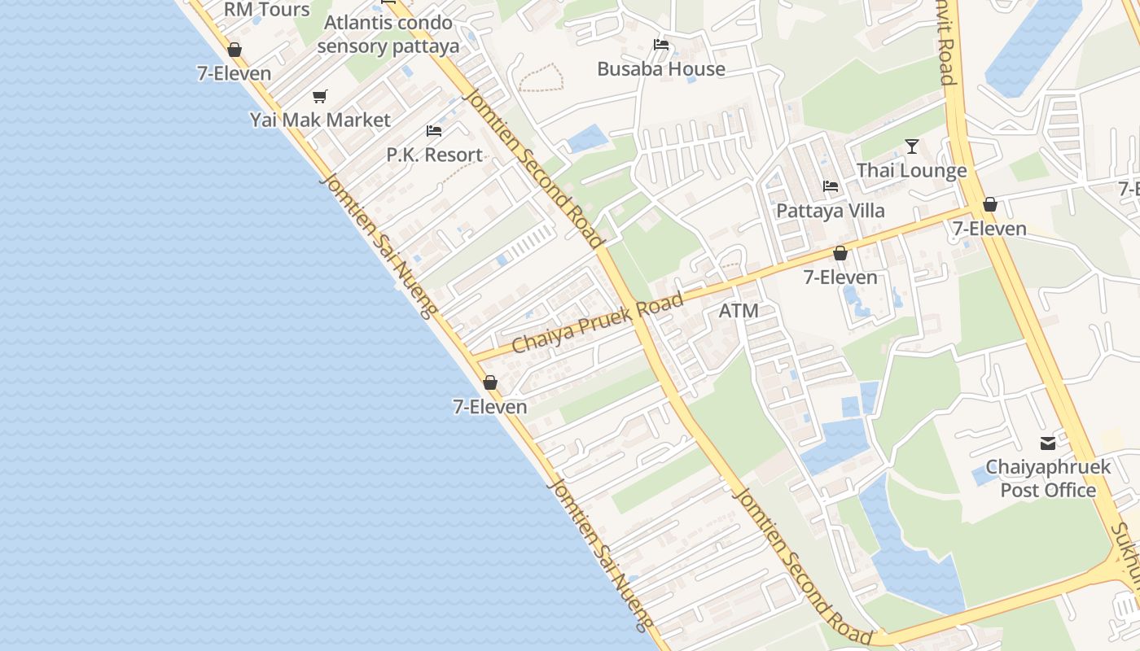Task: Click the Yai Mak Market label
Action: click(320, 120)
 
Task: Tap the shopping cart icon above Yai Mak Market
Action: click(320, 97)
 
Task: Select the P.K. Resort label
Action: click(434, 155)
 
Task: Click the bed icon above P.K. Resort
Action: click(434, 131)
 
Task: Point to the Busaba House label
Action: click(661, 69)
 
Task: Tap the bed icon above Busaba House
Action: click(661, 45)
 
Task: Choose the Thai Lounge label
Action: click(911, 171)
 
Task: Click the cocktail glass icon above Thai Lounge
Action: click(912, 146)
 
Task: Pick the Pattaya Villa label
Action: click(830, 211)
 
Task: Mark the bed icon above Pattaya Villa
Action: click(831, 186)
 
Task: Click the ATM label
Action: click(739, 311)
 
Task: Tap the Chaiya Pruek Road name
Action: click(598, 325)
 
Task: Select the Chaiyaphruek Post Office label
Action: click(1048, 478)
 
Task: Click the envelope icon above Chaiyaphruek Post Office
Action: click(1048, 443)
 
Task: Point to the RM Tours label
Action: click(267, 10)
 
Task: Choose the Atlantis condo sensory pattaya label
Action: click(388, 34)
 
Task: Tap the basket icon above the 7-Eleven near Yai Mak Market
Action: click(235, 50)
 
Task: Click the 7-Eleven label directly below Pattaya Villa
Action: click(840, 277)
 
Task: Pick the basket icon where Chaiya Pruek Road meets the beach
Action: click(490, 382)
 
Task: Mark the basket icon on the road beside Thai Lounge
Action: click(990, 204)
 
